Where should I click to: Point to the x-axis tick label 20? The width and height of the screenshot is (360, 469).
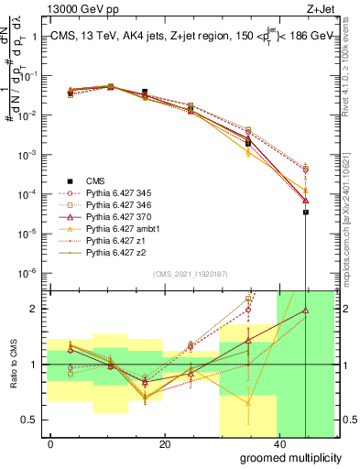click(165, 443)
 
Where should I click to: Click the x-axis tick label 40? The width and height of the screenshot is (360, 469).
click(278, 443)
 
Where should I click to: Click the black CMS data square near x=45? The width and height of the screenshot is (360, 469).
click(306, 212)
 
